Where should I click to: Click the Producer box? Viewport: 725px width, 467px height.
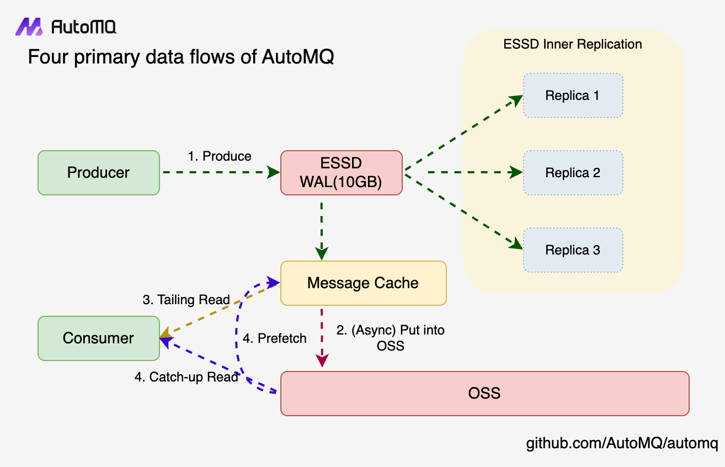(x=99, y=173)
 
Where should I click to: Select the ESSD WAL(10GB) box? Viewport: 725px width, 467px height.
(x=342, y=173)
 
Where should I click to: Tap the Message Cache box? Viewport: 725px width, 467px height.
(x=364, y=283)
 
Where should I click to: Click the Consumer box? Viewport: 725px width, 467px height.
(x=99, y=338)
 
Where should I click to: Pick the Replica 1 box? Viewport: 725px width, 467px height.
(x=573, y=95)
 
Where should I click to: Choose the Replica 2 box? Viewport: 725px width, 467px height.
(x=573, y=173)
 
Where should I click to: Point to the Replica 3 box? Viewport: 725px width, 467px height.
(x=573, y=250)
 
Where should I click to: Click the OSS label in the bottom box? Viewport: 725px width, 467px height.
(x=484, y=393)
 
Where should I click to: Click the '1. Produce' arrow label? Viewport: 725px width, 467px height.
(x=220, y=156)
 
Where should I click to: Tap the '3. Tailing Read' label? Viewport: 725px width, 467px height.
(x=186, y=300)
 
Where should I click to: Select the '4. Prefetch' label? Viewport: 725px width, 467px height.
(x=274, y=338)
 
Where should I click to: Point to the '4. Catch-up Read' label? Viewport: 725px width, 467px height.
(x=186, y=377)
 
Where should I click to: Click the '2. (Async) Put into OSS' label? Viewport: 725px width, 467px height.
(x=390, y=338)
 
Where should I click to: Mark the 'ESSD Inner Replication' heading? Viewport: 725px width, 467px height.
(x=573, y=44)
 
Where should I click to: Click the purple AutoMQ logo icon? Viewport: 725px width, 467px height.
(x=29, y=26)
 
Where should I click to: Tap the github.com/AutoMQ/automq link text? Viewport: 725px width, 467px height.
(x=622, y=443)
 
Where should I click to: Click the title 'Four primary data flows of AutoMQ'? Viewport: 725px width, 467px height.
(x=181, y=57)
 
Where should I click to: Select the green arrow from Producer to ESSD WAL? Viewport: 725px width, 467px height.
(x=221, y=172)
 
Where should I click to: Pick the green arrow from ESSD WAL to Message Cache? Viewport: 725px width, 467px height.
(x=322, y=231)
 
